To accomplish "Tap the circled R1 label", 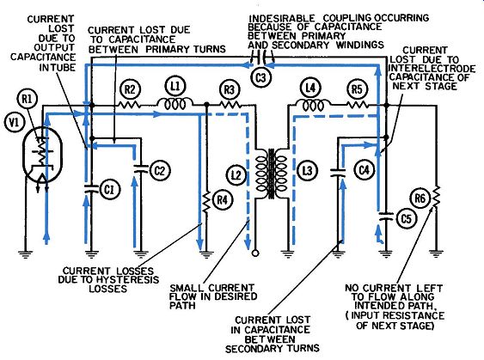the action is (27, 100).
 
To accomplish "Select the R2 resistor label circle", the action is (130, 89).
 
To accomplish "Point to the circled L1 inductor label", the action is (175, 86).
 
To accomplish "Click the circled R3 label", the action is (230, 89).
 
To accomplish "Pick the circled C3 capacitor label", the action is (260, 77).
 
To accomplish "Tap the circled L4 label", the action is (310, 88).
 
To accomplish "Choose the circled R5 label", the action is (357, 89).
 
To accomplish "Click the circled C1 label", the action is (108, 190).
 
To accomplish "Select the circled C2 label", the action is (160, 171).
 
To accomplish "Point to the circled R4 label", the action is (223, 200).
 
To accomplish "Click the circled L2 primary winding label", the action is (236, 175).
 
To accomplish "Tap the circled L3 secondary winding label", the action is (307, 171).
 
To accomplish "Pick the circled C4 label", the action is (365, 169).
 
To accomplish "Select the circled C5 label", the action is (407, 219).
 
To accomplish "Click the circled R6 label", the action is (420, 198).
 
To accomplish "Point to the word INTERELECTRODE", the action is (432, 68).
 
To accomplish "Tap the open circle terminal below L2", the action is (255, 253).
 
